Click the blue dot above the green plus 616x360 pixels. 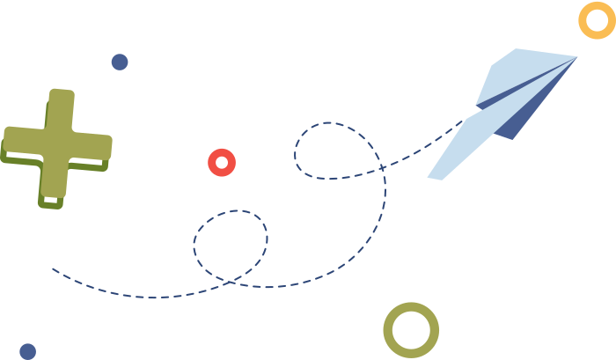coord(120,62)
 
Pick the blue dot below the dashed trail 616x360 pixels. coord(27,351)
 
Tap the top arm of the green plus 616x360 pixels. coord(61,106)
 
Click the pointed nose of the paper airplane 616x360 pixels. coord(576,58)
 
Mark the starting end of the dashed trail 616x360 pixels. coord(53,269)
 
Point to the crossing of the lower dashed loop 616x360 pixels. coord(231,282)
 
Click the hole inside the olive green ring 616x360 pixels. coord(411,331)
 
